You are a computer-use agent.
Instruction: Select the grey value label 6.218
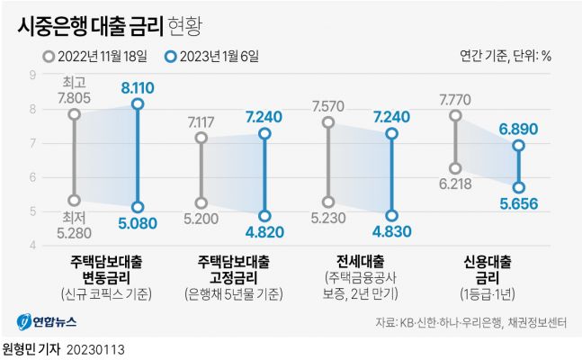tap(455, 187)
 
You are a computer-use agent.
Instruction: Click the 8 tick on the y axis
tap(33, 109)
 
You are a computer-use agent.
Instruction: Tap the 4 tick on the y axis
tap(33, 245)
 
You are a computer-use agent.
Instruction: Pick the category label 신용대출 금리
tap(487, 269)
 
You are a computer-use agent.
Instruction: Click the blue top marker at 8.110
tap(138, 104)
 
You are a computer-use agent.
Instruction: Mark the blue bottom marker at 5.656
tap(518, 187)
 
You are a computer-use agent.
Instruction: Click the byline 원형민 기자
tap(31, 347)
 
